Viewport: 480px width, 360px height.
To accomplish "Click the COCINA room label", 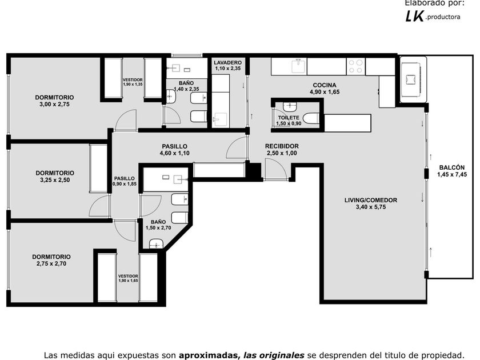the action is pos(325,85).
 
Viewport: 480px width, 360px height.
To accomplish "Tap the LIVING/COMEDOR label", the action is pos(371,200).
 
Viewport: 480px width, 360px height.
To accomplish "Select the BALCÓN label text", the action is pos(452,167).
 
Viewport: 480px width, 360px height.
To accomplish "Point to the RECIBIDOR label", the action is pos(282,146).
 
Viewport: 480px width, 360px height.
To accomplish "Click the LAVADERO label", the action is pos(227,62).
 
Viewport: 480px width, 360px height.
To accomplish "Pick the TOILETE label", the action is pos(289,118).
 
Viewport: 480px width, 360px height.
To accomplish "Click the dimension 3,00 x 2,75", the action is pos(54,104).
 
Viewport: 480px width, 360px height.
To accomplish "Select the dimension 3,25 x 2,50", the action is pos(55,180).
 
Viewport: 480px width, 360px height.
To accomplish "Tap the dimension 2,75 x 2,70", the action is pos(51,263).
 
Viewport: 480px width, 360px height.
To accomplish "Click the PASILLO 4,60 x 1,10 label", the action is pos(174,150).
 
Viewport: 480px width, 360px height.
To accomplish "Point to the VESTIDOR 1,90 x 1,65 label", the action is pos(128,278).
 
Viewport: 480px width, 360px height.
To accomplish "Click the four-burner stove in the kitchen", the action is pos(355,66).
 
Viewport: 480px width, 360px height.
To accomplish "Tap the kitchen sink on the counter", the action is pos(299,66).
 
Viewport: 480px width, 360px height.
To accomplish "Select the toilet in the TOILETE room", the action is pos(311,118).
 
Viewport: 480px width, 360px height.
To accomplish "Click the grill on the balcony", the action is pos(413,79).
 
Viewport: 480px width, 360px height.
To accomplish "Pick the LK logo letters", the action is pos(414,16).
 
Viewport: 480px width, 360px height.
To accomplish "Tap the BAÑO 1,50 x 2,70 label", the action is pos(158,225).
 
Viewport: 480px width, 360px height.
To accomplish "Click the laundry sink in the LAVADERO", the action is pos(220,119).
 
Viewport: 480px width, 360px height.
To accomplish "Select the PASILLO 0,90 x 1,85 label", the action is pos(125,181).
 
